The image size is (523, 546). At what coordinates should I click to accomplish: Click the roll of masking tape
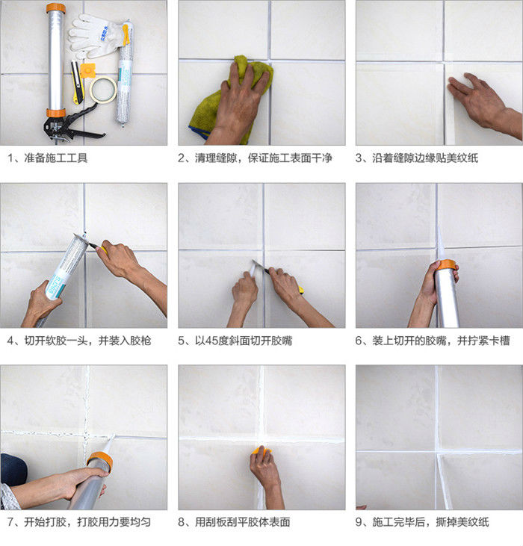pyautogui.click(x=103, y=80)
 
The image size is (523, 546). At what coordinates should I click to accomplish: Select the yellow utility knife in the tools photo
pyautogui.click(x=77, y=82)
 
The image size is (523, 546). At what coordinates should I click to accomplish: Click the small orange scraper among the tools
pyautogui.click(x=87, y=71)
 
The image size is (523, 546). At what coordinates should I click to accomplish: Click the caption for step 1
pyautogui.click(x=47, y=158)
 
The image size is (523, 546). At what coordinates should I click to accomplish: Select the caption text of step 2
pyautogui.click(x=255, y=158)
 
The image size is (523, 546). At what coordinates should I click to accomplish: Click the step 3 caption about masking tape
pyautogui.click(x=416, y=158)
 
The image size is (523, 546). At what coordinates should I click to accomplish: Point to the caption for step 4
pyautogui.click(x=79, y=341)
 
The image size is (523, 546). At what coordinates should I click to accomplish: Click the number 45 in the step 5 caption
pyautogui.click(x=211, y=341)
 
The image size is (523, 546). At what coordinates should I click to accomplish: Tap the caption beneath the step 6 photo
pyautogui.click(x=433, y=341)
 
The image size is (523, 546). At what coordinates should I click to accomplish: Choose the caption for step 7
pyautogui.click(x=79, y=522)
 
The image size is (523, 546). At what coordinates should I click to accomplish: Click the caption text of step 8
pyautogui.click(x=234, y=522)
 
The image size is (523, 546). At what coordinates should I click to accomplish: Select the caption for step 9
pyautogui.click(x=422, y=522)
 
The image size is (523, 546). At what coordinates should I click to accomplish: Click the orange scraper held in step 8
pyautogui.click(x=261, y=451)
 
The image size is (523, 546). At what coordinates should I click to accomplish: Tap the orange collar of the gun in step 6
pyautogui.click(x=447, y=265)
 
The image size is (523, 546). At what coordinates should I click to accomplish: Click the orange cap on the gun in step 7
pyautogui.click(x=101, y=460)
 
